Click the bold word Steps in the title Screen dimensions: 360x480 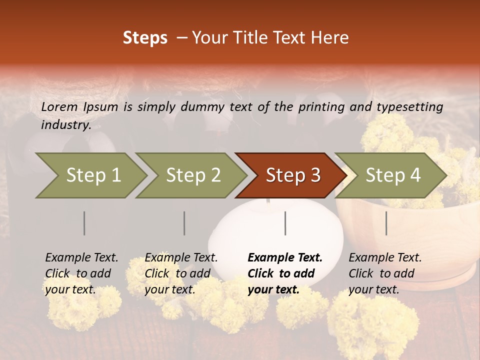point(145,38)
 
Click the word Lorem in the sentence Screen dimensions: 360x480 point(59,106)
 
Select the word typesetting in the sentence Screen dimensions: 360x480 point(413,107)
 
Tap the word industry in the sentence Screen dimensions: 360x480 point(65,125)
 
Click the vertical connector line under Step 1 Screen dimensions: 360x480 point(84,223)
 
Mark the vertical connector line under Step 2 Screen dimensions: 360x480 point(184,223)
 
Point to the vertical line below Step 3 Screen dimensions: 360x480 point(285,223)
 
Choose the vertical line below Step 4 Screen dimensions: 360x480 point(386,223)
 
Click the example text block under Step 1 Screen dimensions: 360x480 point(81,273)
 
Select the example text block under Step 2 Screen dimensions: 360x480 point(181,273)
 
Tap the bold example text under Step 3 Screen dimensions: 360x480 point(285,273)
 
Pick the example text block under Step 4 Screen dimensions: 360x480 point(385,273)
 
